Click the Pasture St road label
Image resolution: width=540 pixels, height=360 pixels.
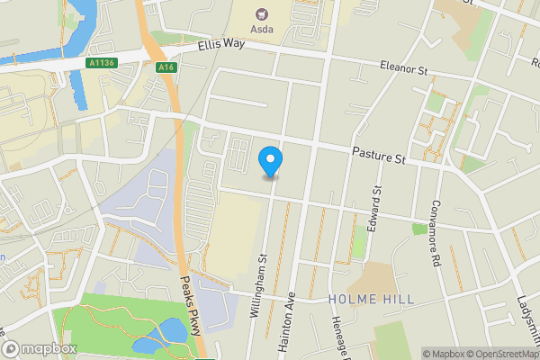click(x=379, y=157)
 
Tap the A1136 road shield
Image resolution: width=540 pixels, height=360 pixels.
click(x=103, y=62)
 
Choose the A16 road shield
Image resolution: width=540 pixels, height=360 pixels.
click(x=164, y=66)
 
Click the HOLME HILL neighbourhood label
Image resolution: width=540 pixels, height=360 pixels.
click(x=372, y=299)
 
